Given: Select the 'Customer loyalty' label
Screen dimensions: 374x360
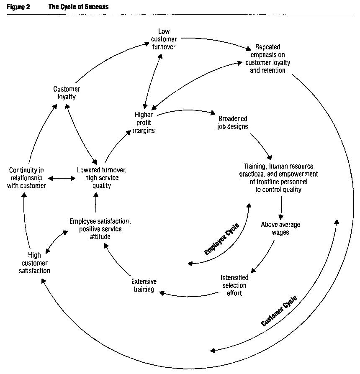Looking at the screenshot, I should coord(67,93).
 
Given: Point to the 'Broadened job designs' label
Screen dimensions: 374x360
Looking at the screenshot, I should coord(233,122).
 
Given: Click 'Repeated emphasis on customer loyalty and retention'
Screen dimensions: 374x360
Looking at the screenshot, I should coord(267,59).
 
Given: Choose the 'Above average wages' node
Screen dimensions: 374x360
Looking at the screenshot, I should coord(280,228).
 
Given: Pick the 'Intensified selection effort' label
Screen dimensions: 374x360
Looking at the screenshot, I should coord(234,285).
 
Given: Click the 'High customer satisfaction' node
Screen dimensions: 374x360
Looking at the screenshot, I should coord(34,263).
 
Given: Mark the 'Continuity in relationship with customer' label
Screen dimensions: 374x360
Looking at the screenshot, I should coord(26,178).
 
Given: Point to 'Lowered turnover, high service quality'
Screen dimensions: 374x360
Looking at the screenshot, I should coord(102,178).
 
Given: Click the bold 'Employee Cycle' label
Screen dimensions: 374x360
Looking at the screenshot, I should coord(222,240).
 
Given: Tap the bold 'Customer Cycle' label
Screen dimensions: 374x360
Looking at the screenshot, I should coord(279,311).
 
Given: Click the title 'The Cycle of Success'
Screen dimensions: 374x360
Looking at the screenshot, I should coord(79,7).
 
